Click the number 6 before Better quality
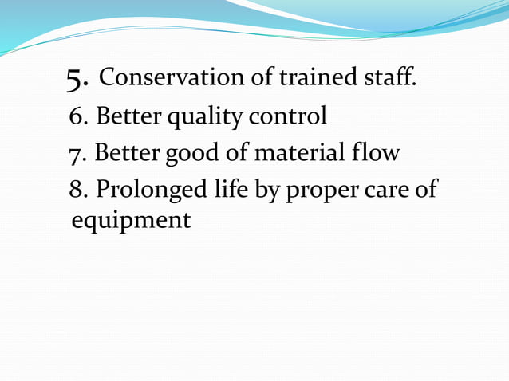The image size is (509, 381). coord(78,117)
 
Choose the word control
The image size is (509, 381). coord(288,117)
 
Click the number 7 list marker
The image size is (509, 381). coord(77,153)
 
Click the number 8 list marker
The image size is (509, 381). coord(77,191)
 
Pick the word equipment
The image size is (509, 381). coord(131,220)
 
